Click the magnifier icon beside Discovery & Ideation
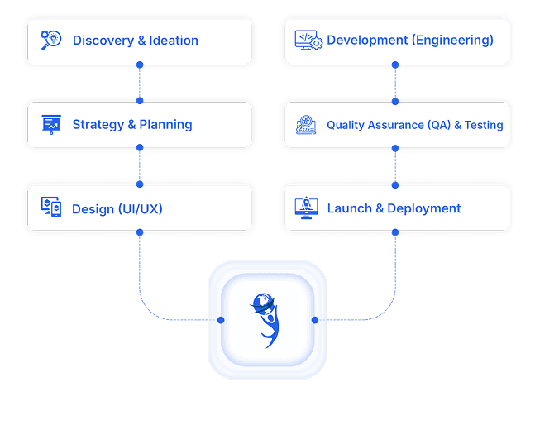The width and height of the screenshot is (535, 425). click(x=51, y=40)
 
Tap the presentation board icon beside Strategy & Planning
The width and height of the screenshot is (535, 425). click(x=51, y=124)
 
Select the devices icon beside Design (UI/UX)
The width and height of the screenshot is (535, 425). click(x=51, y=208)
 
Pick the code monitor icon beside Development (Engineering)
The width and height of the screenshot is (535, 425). click(x=308, y=40)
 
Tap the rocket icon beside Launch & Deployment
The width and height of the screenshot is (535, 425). click(x=307, y=208)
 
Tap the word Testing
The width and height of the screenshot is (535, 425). click(x=483, y=125)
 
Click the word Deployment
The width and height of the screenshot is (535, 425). click(x=424, y=208)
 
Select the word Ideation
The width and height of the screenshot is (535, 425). click(x=174, y=40)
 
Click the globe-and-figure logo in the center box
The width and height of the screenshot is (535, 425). click(x=267, y=319)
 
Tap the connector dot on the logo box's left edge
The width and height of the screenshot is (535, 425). click(x=221, y=320)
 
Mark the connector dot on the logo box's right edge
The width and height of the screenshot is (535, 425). click(x=315, y=320)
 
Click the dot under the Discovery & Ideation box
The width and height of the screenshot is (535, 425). click(x=140, y=64)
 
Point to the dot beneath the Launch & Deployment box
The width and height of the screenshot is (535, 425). click(x=395, y=233)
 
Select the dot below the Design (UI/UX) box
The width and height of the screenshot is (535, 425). click(x=140, y=233)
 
